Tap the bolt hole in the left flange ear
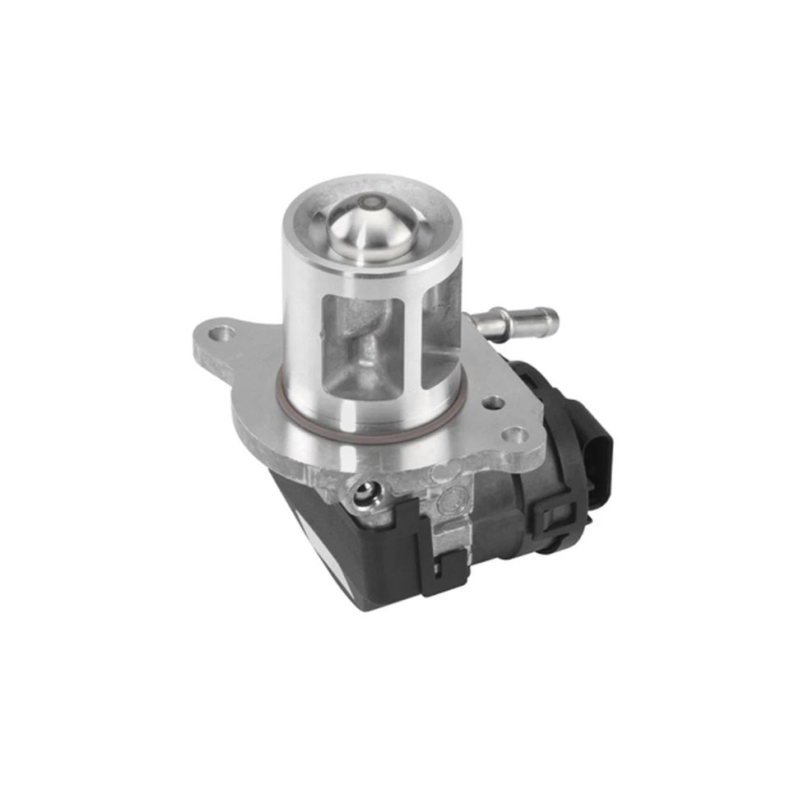point(221,334)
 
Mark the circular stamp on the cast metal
point(452,499)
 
